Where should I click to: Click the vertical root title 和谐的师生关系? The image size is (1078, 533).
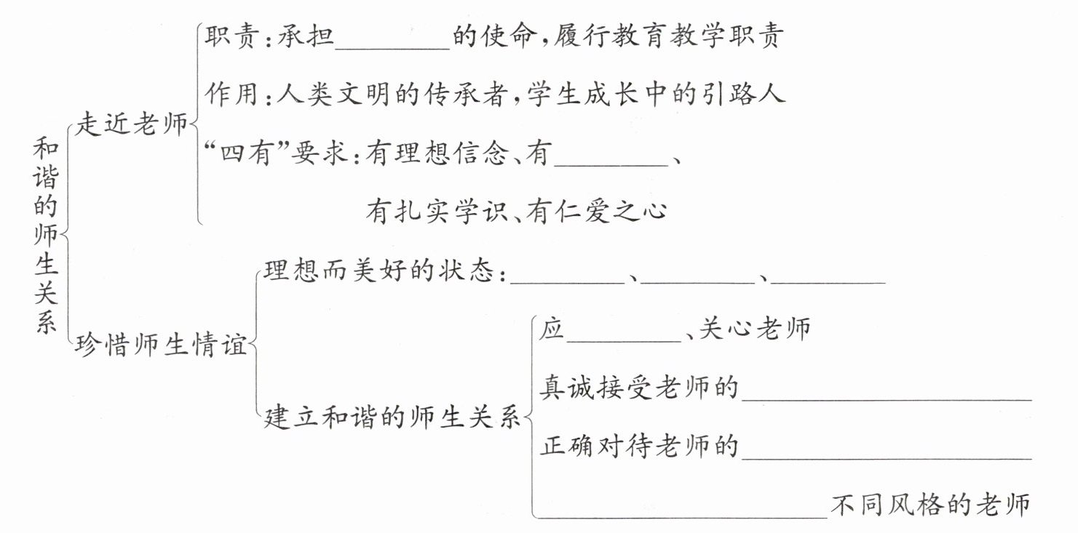(45, 236)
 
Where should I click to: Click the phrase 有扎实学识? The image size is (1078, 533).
(432, 212)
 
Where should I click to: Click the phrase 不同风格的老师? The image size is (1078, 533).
(931, 505)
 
